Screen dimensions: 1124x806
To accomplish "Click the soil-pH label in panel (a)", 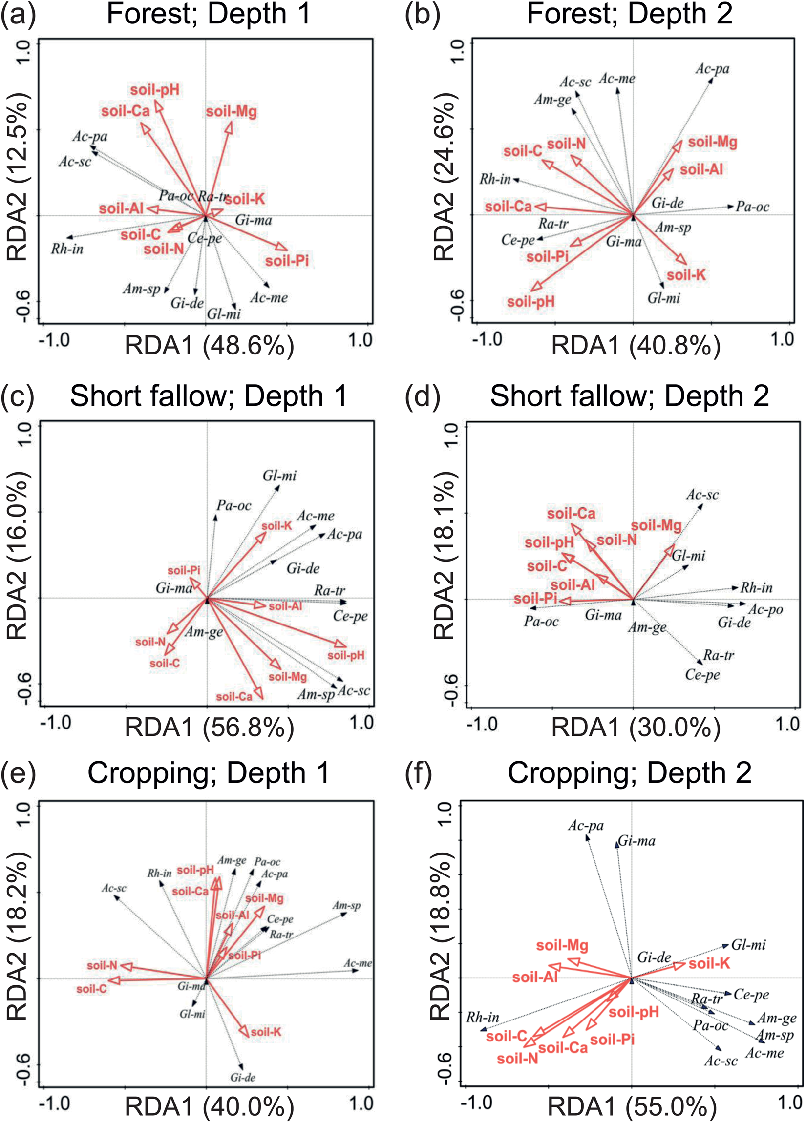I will pyautogui.click(x=155, y=90).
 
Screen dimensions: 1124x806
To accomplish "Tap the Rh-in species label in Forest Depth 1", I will pyautogui.click(x=67, y=249).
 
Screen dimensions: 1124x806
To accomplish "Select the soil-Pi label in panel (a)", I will pyautogui.click(x=287, y=260).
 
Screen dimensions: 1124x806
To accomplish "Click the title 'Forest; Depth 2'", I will pyautogui.click(x=629, y=14).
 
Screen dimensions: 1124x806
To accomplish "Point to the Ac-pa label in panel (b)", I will pyautogui.click(x=712, y=69).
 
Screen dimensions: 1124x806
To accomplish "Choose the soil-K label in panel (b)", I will pyautogui.click(x=686, y=275).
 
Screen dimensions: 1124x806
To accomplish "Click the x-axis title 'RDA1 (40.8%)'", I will pyautogui.click(x=636, y=345).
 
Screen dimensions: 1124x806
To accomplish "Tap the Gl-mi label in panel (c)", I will pyautogui.click(x=279, y=476).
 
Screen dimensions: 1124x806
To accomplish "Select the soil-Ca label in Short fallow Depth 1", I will pyautogui.click(x=234, y=697).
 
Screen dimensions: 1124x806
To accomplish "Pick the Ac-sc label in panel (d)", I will pyautogui.click(x=702, y=495).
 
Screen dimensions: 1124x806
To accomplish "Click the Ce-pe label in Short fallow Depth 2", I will pyautogui.click(x=702, y=675).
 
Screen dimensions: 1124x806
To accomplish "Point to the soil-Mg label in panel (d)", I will pyautogui.click(x=657, y=525).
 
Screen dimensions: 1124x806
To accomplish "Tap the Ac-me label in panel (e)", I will pyautogui.click(x=358, y=963).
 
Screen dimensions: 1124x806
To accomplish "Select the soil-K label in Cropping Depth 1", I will pyautogui.click(x=266, y=1032).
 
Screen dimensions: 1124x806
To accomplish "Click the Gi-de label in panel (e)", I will pyautogui.click(x=242, y=1077).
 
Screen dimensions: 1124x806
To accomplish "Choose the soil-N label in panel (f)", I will pyautogui.click(x=517, y=1059).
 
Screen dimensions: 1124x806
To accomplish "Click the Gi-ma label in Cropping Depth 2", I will pyautogui.click(x=637, y=841).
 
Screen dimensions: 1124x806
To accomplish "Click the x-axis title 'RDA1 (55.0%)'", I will pyautogui.click(x=632, y=1106).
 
